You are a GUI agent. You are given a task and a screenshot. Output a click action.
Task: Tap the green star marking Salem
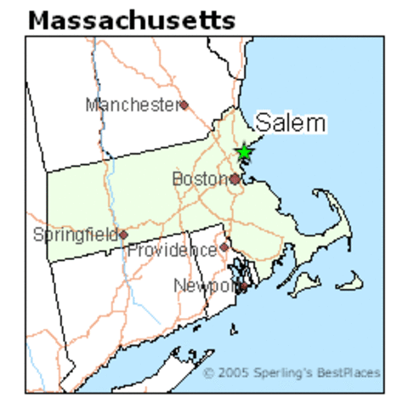(244, 151)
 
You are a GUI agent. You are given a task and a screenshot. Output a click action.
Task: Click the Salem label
(290, 123)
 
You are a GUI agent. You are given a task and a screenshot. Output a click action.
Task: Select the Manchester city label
(132, 105)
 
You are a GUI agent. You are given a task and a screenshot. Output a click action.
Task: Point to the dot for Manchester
(183, 105)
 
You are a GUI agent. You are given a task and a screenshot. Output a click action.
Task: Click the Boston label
(200, 179)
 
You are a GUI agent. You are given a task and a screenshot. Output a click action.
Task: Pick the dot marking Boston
(235, 179)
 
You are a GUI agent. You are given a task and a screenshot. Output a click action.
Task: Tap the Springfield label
(75, 234)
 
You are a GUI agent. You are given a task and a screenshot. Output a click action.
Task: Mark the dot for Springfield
(123, 235)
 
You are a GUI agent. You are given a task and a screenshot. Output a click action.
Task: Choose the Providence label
(172, 251)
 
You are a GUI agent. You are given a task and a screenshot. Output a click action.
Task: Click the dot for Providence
(224, 247)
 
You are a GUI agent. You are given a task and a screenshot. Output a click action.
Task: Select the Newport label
(204, 286)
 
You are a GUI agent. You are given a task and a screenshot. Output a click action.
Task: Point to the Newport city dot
(243, 287)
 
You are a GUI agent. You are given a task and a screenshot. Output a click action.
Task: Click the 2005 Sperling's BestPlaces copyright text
(292, 373)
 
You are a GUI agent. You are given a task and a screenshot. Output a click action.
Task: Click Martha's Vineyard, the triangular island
(303, 288)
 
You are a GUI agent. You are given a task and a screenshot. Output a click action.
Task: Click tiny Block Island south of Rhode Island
(231, 328)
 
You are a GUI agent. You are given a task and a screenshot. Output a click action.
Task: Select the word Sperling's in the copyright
(293, 373)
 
